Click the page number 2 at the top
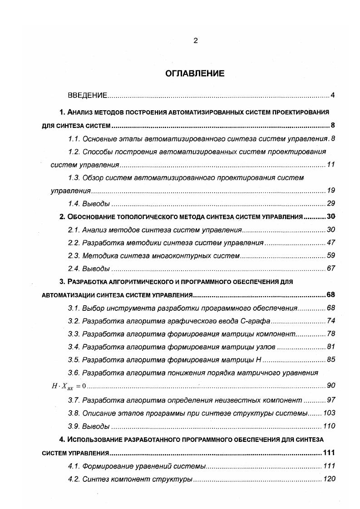pyautogui.click(x=195, y=40)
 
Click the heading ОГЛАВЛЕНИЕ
pyautogui.click(x=195, y=73)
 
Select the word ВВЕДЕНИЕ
pyautogui.click(x=87, y=95)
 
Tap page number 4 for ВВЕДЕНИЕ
pyautogui.click(x=332, y=95)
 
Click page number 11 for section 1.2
pyautogui.click(x=330, y=164)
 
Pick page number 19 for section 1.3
pyautogui.click(x=330, y=191)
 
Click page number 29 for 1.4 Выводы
pyautogui.click(x=330, y=203)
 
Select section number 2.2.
pyautogui.click(x=74, y=243)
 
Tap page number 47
pyautogui.click(x=330, y=243)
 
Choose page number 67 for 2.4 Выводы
pyautogui.click(x=330, y=269)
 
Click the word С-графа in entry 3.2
pyautogui.click(x=258, y=321)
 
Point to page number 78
pyautogui.click(x=330, y=334)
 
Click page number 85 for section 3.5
pyautogui.click(x=330, y=360)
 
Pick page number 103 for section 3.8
pyautogui.click(x=329, y=413)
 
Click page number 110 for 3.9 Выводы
pyautogui.click(x=329, y=426)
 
